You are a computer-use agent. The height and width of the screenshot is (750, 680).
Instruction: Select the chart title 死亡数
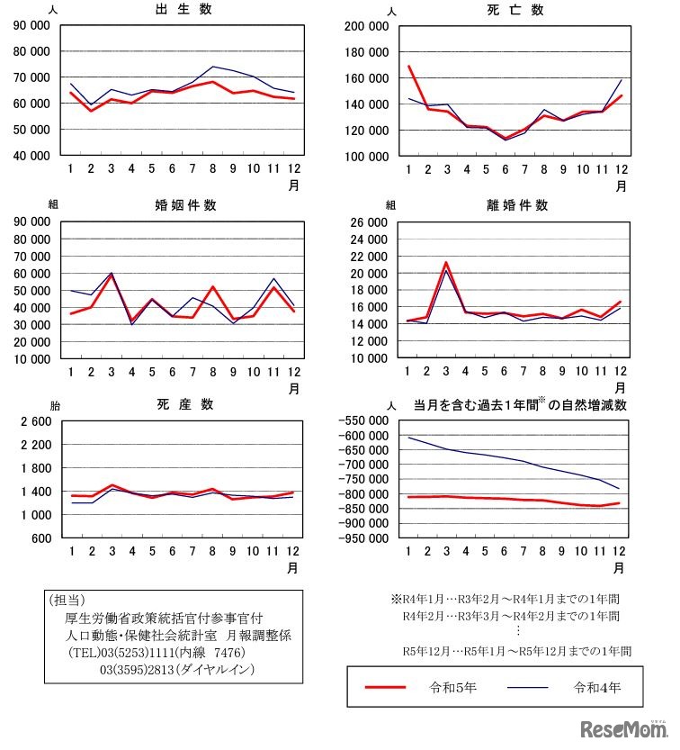tap(517, 11)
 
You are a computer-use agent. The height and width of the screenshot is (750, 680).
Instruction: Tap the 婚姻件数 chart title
tap(185, 205)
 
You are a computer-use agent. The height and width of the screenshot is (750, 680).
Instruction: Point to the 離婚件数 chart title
tap(517, 205)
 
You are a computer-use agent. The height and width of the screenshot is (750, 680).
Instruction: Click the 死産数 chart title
tap(185, 404)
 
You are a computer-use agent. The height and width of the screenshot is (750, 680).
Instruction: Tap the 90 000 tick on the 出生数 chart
tap(31, 25)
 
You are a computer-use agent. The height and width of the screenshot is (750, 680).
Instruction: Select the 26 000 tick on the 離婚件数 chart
tap(369, 221)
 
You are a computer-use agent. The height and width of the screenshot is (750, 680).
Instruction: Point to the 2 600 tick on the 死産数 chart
tap(34, 421)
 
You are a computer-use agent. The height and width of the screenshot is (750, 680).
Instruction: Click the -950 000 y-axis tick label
tap(364, 538)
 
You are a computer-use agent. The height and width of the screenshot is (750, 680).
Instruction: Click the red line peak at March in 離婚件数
tap(447, 263)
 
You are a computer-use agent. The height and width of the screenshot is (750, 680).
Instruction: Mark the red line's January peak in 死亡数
tap(409, 67)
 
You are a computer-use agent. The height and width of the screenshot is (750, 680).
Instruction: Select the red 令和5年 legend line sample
tap(386, 688)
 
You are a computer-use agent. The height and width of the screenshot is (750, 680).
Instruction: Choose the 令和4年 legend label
tap(597, 688)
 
